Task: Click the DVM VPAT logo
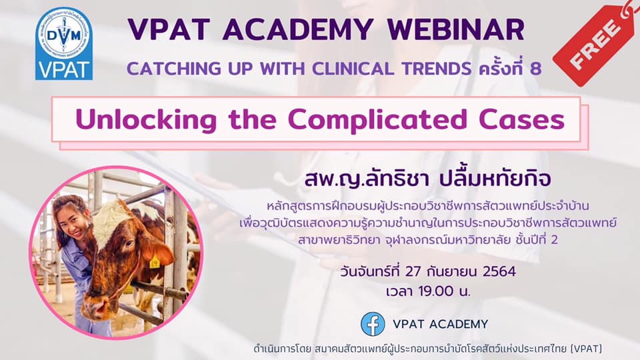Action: pos(64,44)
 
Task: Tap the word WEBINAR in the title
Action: pos(456,30)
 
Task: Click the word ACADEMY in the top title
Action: pos(299,30)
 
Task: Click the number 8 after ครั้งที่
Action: pos(535,69)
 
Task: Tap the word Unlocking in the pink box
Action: pos(146,120)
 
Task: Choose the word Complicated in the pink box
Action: pos(377,120)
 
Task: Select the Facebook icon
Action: pos(373,324)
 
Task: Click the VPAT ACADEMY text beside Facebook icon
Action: pos(441,324)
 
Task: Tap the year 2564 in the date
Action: pos(499,271)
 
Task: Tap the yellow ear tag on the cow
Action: pos(154,263)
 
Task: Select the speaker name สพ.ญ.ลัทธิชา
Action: pos(367,179)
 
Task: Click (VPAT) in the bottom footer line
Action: pos(586,349)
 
